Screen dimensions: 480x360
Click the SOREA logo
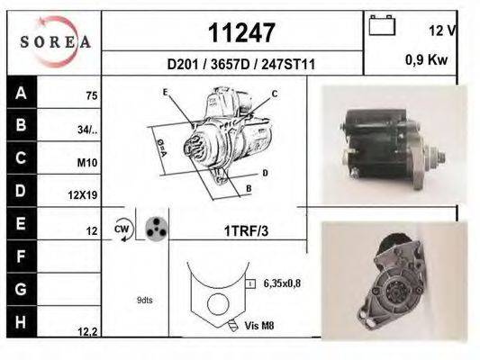coord(56,42)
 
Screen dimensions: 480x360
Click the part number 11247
coord(241,32)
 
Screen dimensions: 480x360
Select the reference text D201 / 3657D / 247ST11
coord(241,65)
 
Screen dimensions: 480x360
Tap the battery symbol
coord(382,25)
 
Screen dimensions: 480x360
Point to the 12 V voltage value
coord(442,31)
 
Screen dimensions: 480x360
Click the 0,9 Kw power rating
coord(427,59)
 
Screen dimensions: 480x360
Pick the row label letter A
coord(21,93)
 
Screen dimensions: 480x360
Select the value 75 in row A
coord(92,96)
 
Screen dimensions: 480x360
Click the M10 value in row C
coord(87,163)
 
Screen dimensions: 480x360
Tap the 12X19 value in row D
coord(83,194)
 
